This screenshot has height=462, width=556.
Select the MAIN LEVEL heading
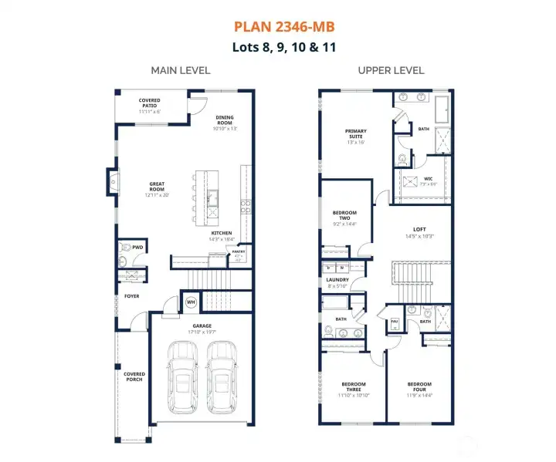(180, 70)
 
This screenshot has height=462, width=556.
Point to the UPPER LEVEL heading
(391, 70)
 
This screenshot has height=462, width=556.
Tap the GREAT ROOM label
(157, 188)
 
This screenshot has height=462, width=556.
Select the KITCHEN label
(222, 234)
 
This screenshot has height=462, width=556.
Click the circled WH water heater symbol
(191, 302)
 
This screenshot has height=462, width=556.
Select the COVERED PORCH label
(134, 376)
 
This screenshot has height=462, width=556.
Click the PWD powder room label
(137, 248)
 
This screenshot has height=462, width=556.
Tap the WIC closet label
(427, 180)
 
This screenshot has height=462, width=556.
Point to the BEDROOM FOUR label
(419, 386)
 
